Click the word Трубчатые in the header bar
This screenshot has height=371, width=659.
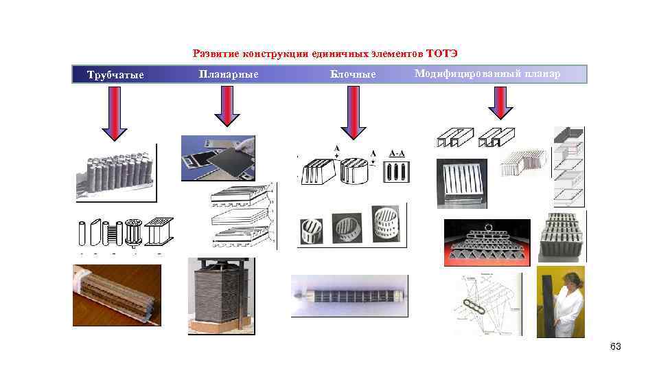pyautogui.click(x=115, y=75)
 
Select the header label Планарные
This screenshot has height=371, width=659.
pyautogui.click(x=228, y=74)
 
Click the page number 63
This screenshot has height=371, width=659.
pyautogui.click(x=615, y=347)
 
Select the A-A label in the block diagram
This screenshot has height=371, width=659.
pyautogui.click(x=397, y=153)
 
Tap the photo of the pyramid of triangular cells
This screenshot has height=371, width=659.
pyautogui.click(x=487, y=243)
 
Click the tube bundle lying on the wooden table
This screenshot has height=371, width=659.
pyautogui.click(x=117, y=294)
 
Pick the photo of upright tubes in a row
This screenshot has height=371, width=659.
pyautogui.click(x=115, y=172)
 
